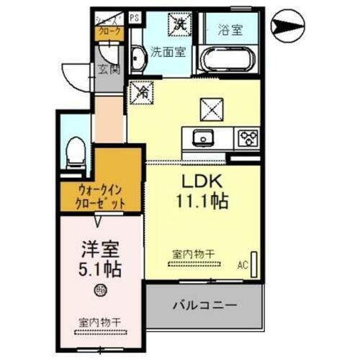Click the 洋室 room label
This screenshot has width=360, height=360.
(98, 252)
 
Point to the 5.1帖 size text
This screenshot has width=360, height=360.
(99, 271)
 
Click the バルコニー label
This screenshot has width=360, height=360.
(204, 305)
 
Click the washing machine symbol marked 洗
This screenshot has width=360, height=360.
(178, 24)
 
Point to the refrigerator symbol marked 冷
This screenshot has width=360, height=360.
(142, 91)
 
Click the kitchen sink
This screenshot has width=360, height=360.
(202, 138)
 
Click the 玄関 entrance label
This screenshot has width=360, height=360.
(107, 70)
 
